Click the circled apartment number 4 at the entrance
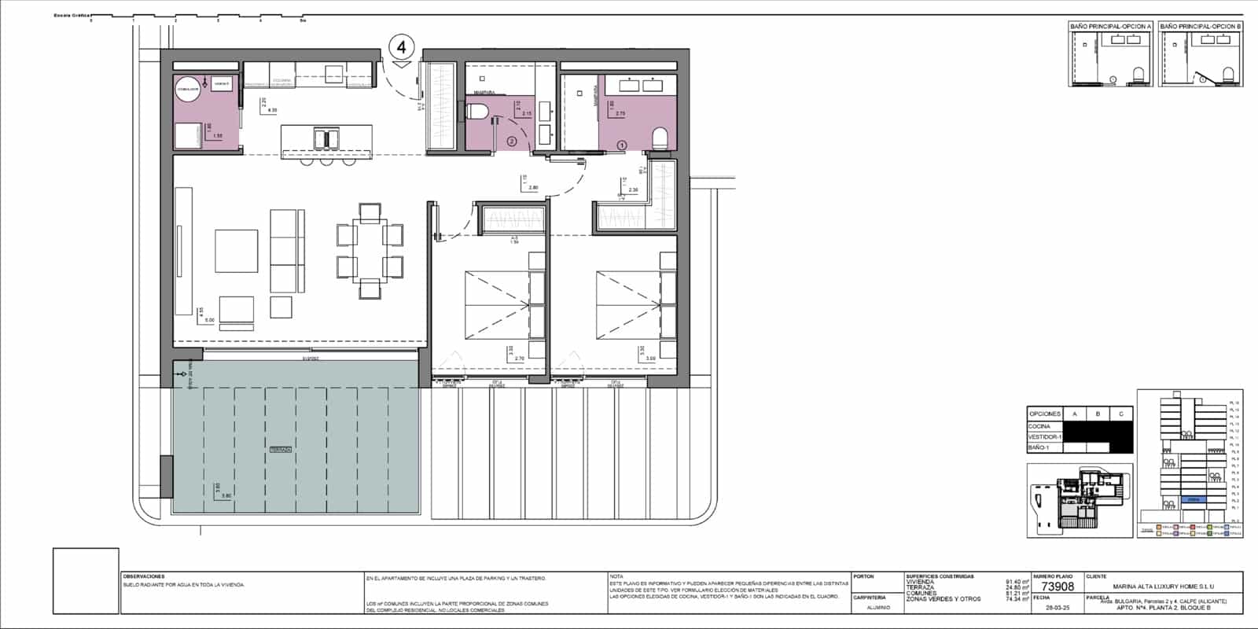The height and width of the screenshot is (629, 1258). tap(402, 47)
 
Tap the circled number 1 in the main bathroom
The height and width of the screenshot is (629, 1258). tap(622, 145)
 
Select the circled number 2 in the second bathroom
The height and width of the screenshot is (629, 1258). tap(511, 142)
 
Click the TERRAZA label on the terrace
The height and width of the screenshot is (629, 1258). tap(281, 449)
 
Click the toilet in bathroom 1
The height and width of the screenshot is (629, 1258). tap(660, 140)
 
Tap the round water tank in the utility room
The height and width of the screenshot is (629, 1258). tap(187, 90)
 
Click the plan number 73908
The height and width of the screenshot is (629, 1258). tap(1058, 587)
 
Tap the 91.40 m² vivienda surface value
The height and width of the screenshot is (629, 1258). tap(1017, 583)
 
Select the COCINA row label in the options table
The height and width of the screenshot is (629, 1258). tap(1039, 426)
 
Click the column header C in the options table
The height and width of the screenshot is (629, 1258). tap(1120, 414)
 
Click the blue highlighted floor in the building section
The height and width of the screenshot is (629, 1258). tap(1193, 499)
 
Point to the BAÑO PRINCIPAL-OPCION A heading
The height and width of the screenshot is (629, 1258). tap(1111, 27)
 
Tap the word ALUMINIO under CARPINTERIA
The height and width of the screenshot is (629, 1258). tap(878, 608)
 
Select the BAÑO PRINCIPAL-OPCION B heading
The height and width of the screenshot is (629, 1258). tap(1201, 27)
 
